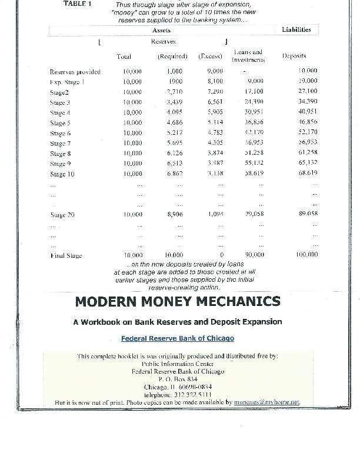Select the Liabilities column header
[x=296, y=29]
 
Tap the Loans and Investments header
[x=248, y=56]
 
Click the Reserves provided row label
[x=75, y=72]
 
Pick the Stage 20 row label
[x=62, y=215]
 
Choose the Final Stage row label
[x=66, y=255]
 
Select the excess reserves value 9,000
[x=215, y=71]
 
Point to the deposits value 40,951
[x=308, y=112]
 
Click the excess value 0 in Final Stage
[x=222, y=255]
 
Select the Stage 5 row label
[x=61, y=123]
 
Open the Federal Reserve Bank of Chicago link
[x=177, y=338]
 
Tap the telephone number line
[x=178, y=395]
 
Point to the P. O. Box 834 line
[x=178, y=380]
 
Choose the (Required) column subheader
[x=172, y=56]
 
